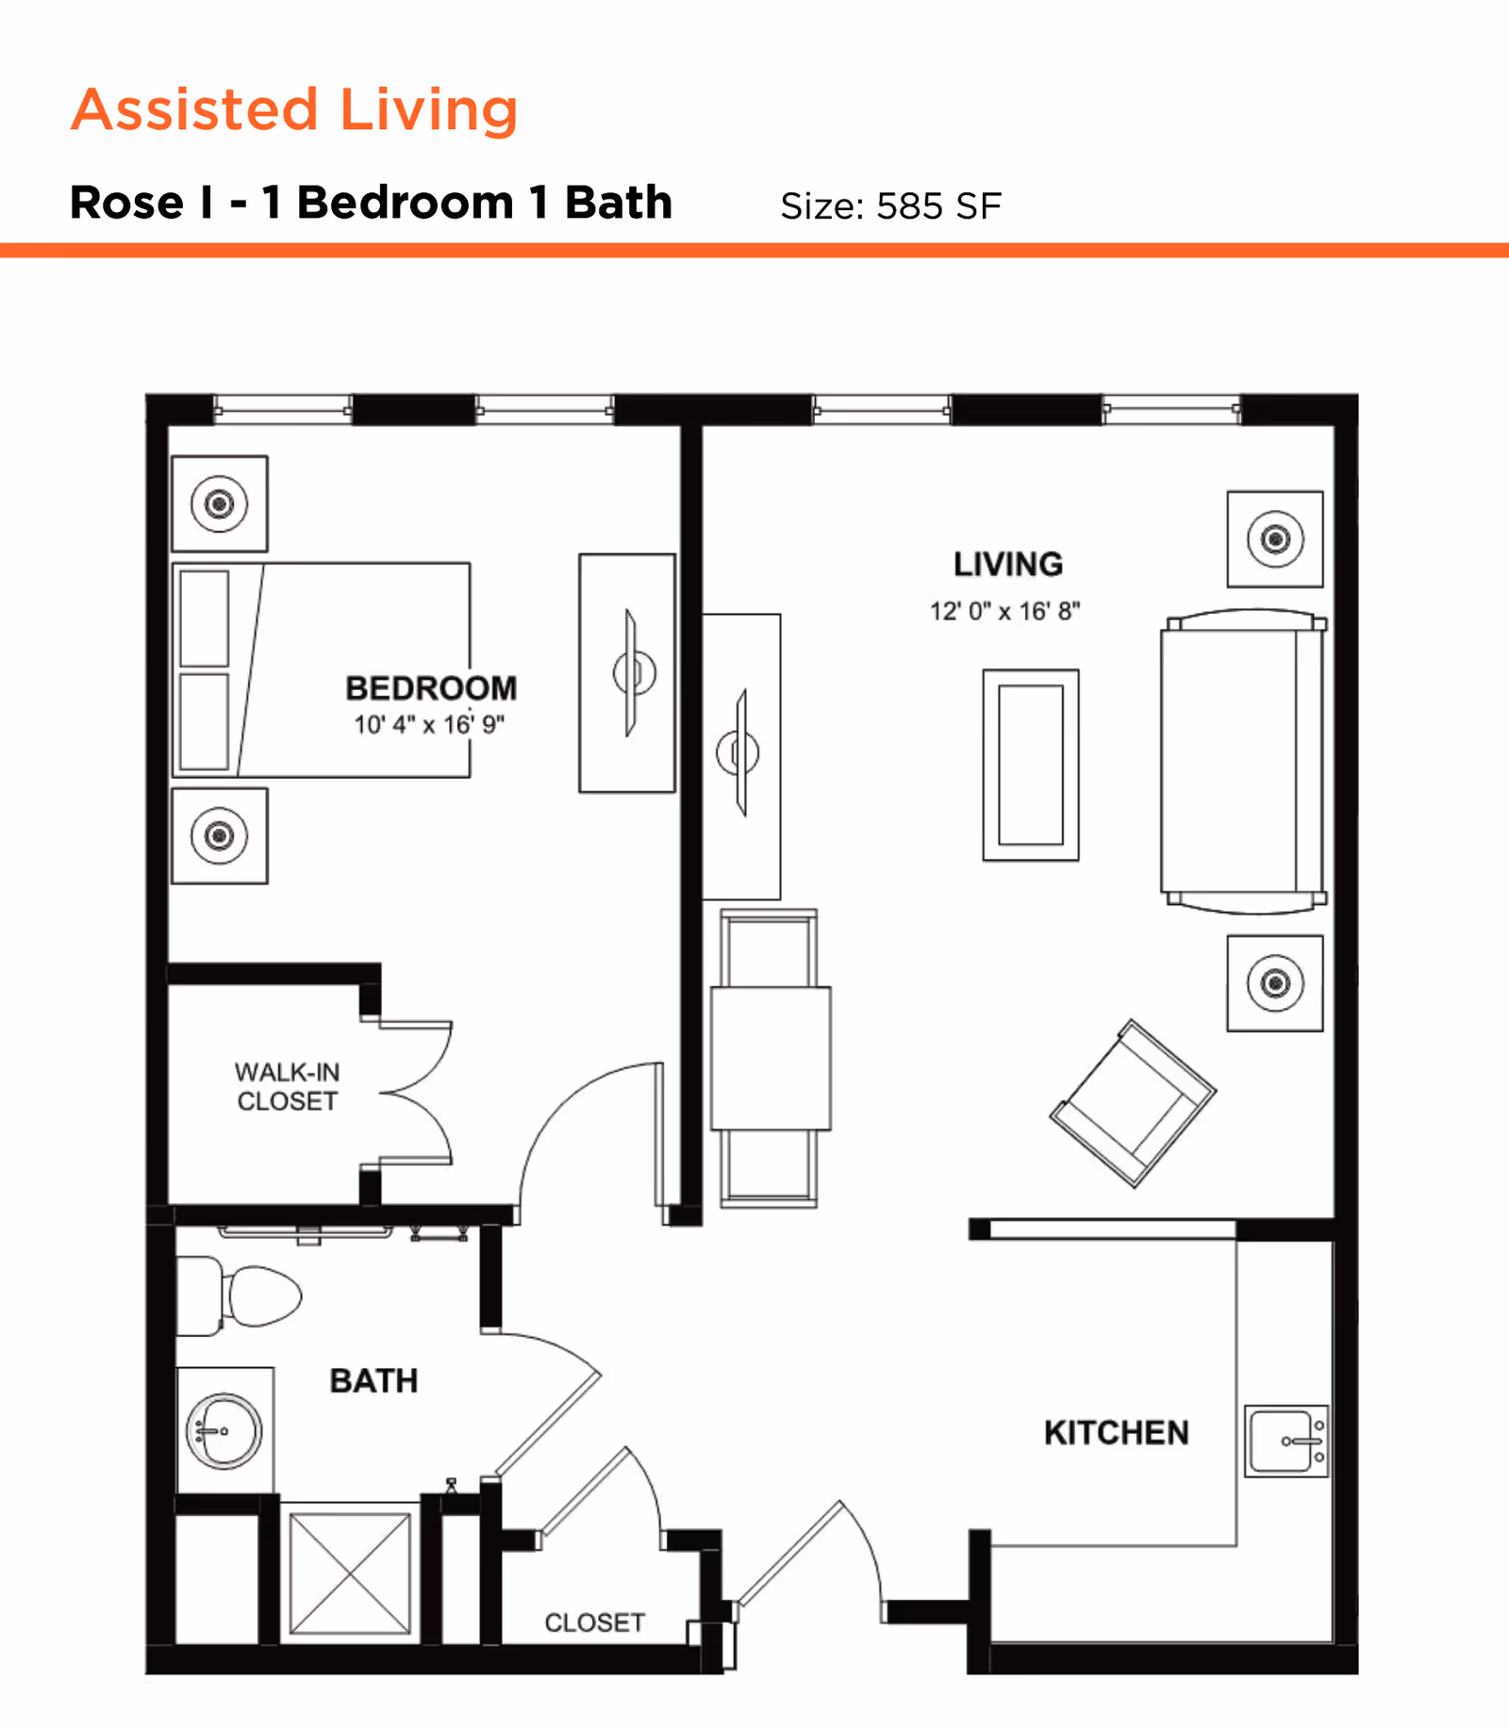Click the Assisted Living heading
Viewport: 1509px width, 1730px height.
(294, 109)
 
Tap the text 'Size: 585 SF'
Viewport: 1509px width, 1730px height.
(890, 206)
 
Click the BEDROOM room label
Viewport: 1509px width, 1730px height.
(431, 688)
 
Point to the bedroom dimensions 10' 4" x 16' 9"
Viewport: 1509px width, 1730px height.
(429, 725)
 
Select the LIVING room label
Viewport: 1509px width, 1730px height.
(1008, 565)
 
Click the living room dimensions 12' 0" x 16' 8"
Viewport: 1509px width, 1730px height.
(1004, 612)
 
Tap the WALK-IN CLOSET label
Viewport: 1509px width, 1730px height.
(287, 1086)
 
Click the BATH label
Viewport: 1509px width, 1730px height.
(373, 1381)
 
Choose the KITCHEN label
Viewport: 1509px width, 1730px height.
(1116, 1433)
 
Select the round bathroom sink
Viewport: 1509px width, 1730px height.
(224, 1431)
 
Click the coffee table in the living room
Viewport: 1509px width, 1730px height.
(1031, 765)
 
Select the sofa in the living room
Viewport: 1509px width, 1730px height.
(1243, 761)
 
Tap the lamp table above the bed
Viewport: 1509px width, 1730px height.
(220, 503)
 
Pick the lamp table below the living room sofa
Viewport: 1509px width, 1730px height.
(1275, 983)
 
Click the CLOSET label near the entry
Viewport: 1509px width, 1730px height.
(594, 1623)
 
